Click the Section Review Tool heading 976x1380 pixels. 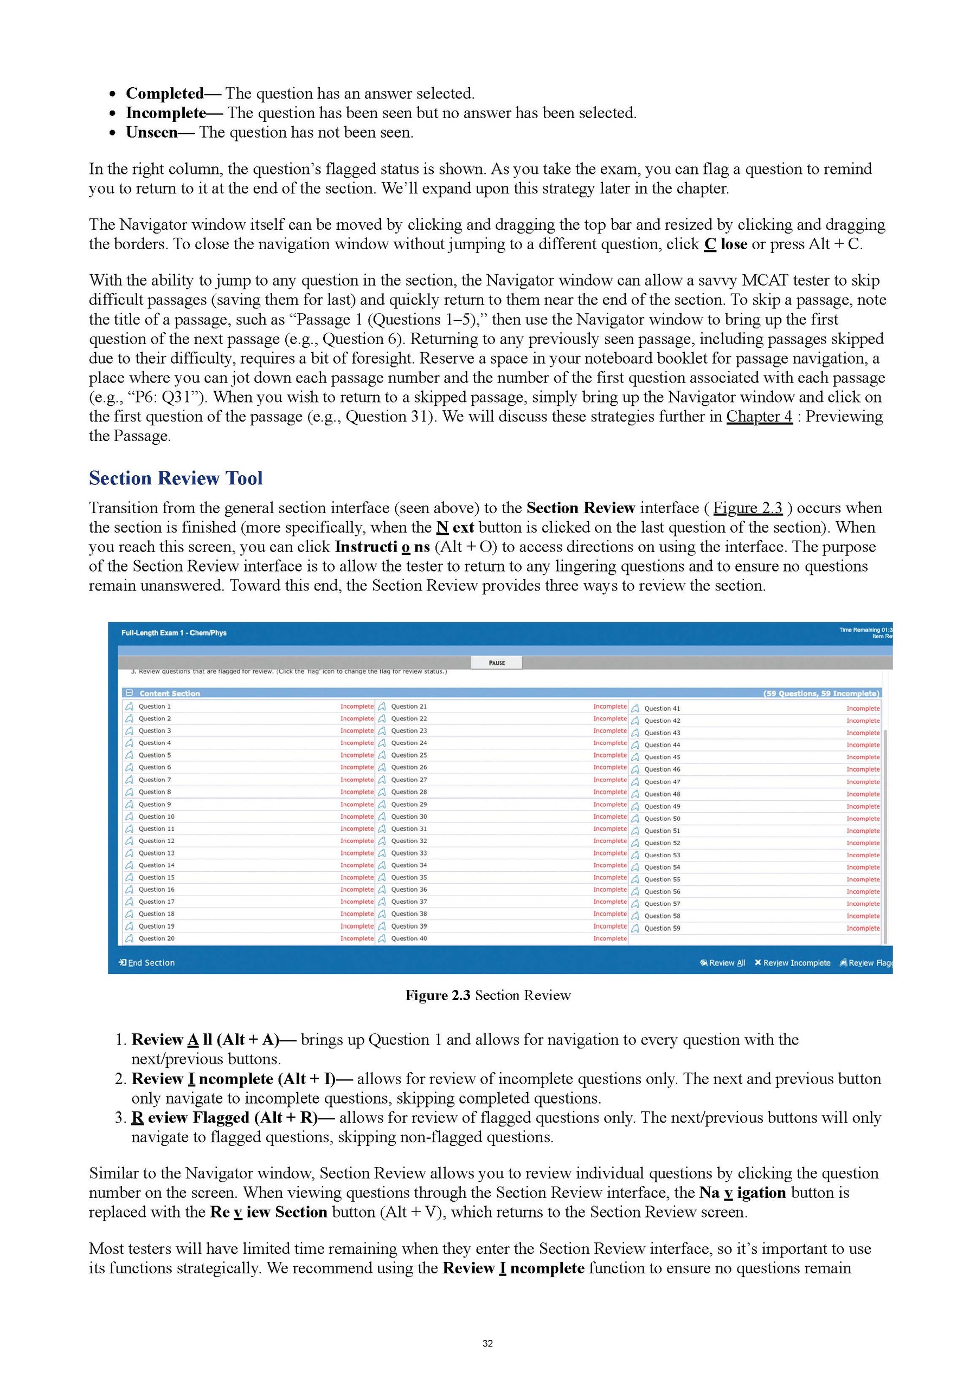(x=176, y=478)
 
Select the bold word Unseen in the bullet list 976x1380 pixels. (x=151, y=133)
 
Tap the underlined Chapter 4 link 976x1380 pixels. (x=759, y=417)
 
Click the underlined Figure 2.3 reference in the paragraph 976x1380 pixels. (x=748, y=508)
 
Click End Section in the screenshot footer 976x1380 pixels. (x=147, y=963)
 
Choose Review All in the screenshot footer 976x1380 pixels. (x=723, y=963)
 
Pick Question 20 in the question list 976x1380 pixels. (x=156, y=938)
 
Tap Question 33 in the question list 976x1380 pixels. (x=409, y=853)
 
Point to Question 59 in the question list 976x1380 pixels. (x=662, y=928)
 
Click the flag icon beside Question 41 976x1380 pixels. (x=635, y=709)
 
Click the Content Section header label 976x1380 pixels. (x=170, y=694)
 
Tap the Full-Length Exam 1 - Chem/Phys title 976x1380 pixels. (x=174, y=633)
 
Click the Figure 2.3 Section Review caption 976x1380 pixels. (x=487, y=995)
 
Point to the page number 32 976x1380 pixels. (x=487, y=1343)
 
